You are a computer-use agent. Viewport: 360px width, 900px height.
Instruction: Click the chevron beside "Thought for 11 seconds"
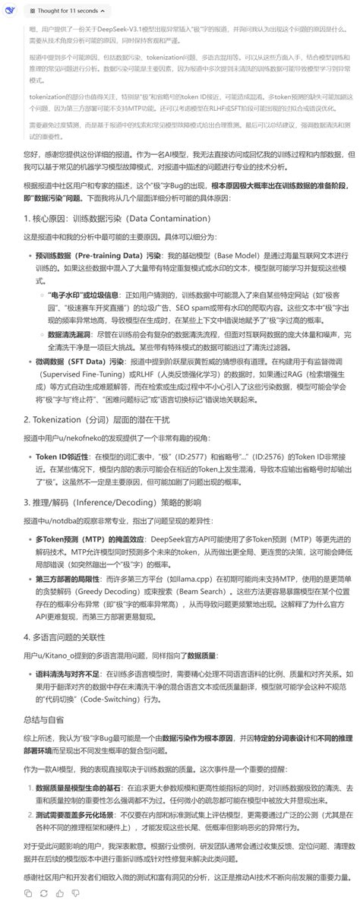pyautogui.click(x=103, y=11)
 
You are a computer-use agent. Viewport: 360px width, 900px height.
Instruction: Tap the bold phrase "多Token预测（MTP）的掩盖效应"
pyautogui.click(x=91, y=538)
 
